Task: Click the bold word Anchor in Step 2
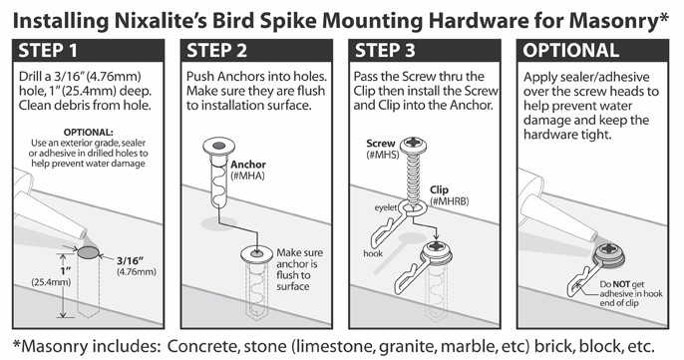[x=248, y=165]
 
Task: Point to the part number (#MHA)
[x=247, y=176]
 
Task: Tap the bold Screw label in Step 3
[x=381, y=144]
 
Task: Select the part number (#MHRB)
[x=450, y=201]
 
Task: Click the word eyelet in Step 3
[x=386, y=207]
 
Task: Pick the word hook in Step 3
[x=373, y=253]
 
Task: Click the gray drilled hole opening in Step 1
[x=88, y=252]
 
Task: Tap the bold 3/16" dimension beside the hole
[x=131, y=261]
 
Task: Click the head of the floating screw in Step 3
[x=414, y=145]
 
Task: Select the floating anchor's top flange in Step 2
[x=219, y=147]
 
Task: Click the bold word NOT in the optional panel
[x=621, y=284]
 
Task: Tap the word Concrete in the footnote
[x=202, y=346]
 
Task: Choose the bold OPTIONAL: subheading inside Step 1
[x=88, y=133]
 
